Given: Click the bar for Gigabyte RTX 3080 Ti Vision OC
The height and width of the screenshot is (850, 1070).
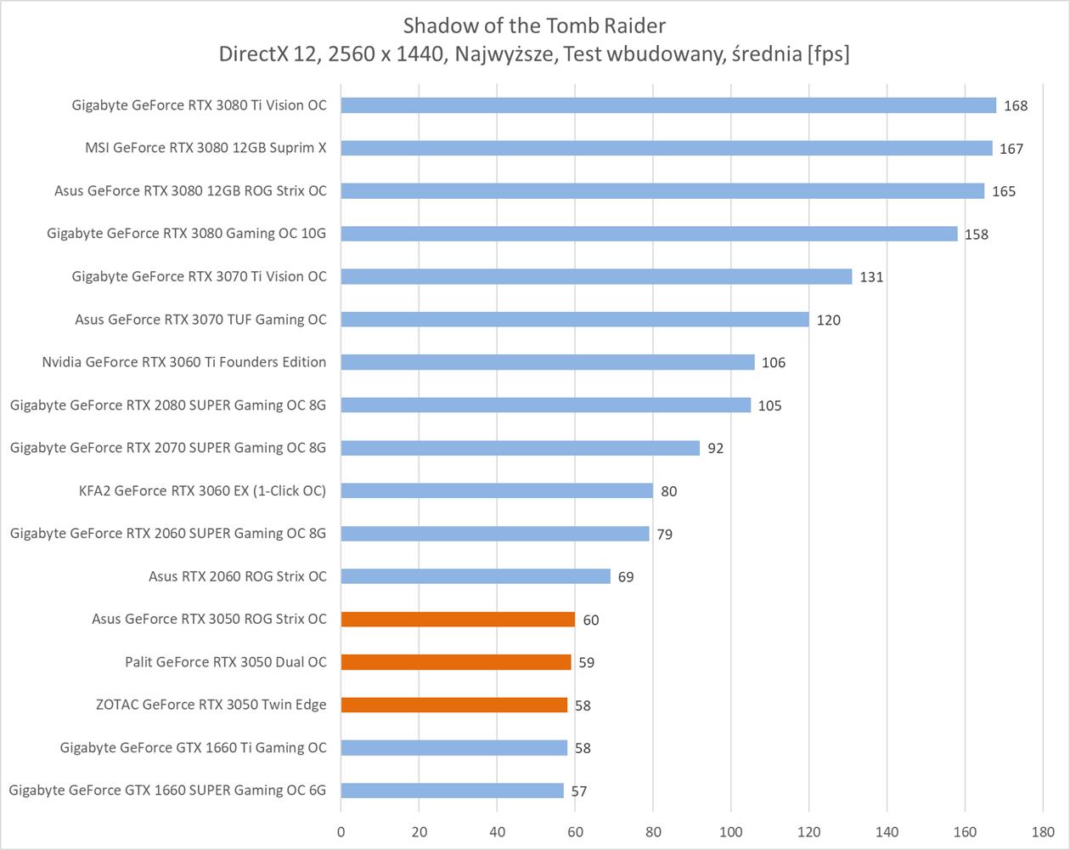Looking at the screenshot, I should (x=668, y=105).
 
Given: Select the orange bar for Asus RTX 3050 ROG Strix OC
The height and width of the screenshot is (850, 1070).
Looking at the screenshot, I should (x=458, y=619).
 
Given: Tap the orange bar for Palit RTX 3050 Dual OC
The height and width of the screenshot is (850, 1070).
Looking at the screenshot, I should (x=456, y=661).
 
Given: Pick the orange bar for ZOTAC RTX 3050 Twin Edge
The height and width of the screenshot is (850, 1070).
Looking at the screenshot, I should (x=454, y=705).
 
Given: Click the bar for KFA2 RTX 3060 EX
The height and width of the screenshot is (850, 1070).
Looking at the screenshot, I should (x=497, y=490).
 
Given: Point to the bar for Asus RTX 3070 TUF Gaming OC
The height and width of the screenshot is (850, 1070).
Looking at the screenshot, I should (x=575, y=320).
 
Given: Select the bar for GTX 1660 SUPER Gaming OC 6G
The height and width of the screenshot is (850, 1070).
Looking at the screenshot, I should (x=452, y=790).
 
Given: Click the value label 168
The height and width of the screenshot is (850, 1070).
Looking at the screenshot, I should (x=1015, y=106).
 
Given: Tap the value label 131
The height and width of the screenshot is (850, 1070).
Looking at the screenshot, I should (x=871, y=277).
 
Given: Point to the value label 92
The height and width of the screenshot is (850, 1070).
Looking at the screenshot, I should (x=715, y=448).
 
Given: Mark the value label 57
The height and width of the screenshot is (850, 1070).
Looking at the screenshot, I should (x=578, y=791).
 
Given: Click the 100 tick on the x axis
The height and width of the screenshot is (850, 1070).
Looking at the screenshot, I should (x=731, y=831).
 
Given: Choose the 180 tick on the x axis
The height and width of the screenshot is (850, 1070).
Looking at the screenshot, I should (x=1043, y=831).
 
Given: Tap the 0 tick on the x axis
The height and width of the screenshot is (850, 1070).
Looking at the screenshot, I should (x=341, y=831).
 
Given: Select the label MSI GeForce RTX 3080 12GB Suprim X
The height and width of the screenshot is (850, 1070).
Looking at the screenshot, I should (x=206, y=148).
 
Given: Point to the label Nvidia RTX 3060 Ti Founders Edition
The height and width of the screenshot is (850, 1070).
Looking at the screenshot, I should (x=183, y=362).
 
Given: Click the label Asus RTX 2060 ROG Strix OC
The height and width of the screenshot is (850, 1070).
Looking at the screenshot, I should (x=237, y=576).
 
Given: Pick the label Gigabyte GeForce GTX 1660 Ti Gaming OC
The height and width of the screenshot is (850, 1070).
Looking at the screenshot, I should (x=193, y=747).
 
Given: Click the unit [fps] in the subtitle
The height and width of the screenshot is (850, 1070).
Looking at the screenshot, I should (x=829, y=54).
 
